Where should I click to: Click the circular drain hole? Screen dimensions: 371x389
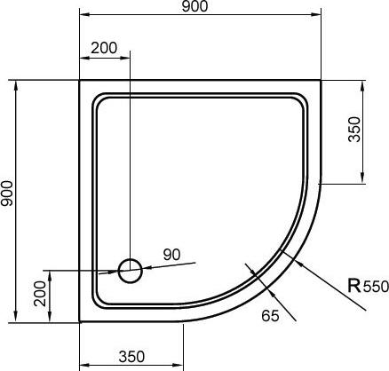click(x=130, y=270)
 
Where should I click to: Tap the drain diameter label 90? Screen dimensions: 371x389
click(x=171, y=255)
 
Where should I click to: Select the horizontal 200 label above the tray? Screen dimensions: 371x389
click(x=103, y=46)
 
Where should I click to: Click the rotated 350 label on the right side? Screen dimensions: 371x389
click(x=354, y=133)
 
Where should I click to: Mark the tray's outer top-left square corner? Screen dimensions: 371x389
click(x=80, y=81)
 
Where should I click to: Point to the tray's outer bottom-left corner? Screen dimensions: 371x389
click(x=80, y=321)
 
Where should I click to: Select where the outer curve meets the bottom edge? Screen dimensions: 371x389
click(x=181, y=321)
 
